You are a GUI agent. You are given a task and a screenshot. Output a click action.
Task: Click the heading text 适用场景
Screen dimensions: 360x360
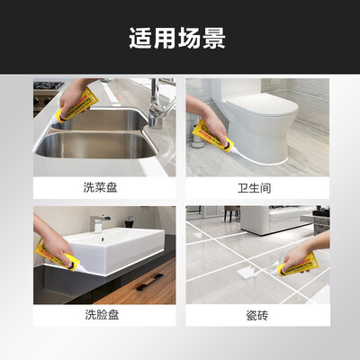(x=177, y=38)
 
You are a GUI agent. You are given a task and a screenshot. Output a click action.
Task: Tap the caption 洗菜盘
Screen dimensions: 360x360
(x=100, y=188)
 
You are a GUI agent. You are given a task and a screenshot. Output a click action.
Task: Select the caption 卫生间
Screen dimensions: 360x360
(x=255, y=188)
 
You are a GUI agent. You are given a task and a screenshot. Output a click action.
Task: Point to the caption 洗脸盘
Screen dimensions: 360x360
(x=102, y=315)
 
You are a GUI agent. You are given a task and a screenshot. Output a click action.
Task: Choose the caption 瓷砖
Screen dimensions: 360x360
(x=257, y=316)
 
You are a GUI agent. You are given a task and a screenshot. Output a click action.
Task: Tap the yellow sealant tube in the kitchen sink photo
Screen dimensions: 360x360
(x=76, y=106)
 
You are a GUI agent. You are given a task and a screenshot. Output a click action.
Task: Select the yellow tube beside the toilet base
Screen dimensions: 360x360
(x=213, y=137)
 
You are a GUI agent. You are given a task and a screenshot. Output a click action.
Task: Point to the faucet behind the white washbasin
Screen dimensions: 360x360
(x=100, y=222)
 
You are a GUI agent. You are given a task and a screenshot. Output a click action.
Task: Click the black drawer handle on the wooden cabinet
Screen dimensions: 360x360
(x=150, y=282)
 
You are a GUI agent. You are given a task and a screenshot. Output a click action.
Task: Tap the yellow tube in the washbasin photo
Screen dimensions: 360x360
(x=57, y=255)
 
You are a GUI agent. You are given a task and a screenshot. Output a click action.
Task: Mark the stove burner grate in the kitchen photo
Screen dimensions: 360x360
(x=48, y=85)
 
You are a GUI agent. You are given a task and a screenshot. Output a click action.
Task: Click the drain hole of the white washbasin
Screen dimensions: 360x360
(x=103, y=239)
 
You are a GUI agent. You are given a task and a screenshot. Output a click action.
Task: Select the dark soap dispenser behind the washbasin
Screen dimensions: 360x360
(x=130, y=221)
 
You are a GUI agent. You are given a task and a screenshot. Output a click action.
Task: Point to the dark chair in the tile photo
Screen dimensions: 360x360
(x=232, y=213)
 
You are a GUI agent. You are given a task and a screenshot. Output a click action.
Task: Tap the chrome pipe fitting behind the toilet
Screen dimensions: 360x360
(x=198, y=137)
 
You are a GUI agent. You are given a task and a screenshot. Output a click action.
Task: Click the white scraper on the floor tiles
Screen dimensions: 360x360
(x=245, y=273)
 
